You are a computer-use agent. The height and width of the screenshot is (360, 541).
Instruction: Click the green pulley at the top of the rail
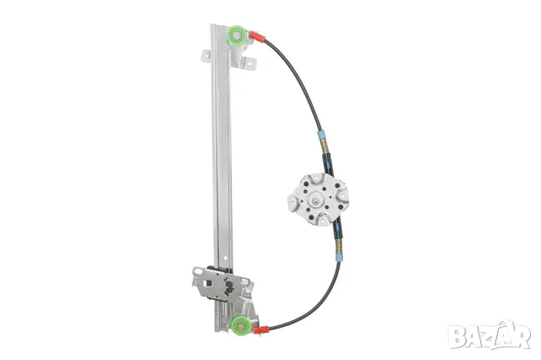pos(237,35)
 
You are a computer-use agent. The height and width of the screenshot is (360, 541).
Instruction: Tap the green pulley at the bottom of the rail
pos(240,325)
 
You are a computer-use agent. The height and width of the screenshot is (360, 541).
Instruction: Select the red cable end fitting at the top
pos(256,36)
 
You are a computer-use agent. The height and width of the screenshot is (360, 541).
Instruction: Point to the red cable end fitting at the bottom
pos(261,330)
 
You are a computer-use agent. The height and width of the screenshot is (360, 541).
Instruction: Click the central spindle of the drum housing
pos(315,199)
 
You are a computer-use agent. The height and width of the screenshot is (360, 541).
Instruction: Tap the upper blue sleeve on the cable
pos(321,134)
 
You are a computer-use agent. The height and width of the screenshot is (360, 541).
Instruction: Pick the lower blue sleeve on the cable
pos(340,258)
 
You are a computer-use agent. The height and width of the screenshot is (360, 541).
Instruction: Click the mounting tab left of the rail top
pos(206,56)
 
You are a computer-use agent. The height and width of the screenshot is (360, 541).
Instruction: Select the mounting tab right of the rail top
pos(249,63)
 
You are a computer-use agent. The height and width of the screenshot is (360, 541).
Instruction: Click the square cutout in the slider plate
pos(207,283)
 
